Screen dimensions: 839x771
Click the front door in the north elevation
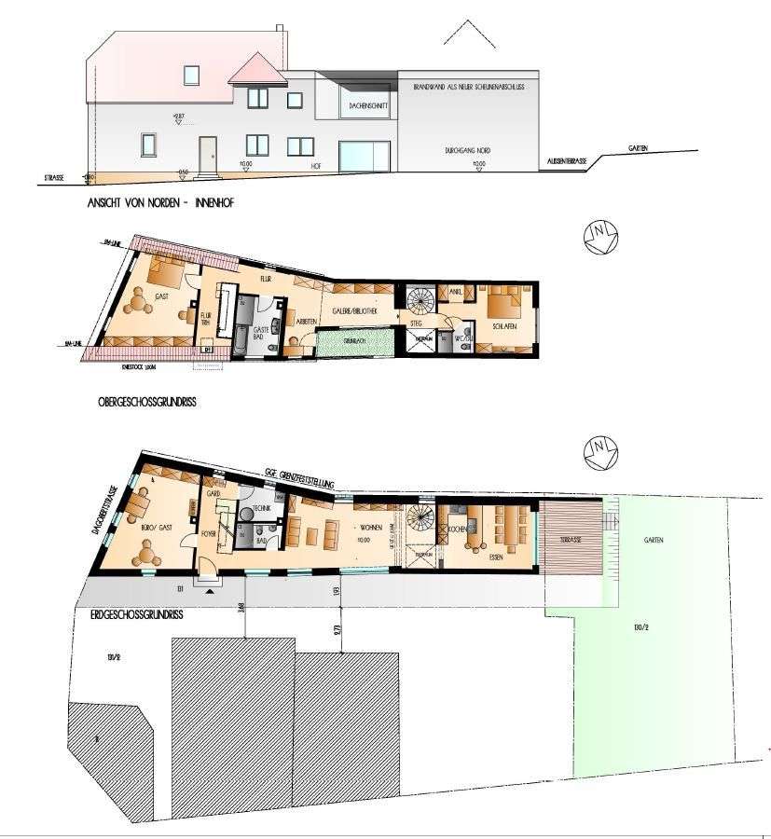pos(207,153)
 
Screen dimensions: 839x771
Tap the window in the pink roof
pos(191,74)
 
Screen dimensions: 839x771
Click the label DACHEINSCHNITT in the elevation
pos(368,106)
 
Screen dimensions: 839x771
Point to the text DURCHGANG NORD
pos(466,150)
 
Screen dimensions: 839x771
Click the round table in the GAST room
pos(142,300)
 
